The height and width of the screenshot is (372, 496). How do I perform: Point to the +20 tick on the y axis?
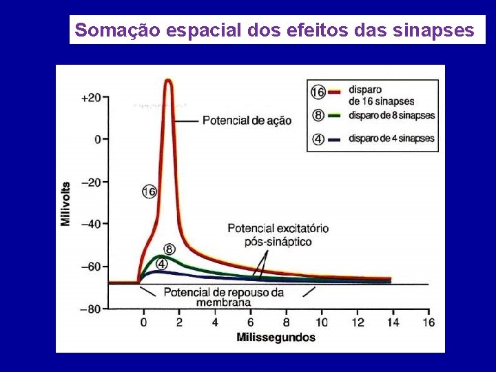click(x=91, y=98)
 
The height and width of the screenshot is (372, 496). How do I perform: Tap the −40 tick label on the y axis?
click(x=91, y=224)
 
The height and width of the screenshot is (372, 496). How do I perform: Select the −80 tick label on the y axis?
click(x=91, y=309)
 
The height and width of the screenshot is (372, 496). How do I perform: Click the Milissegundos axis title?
click(x=276, y=338)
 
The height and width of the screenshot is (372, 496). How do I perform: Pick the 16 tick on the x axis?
click(x=428, y=322)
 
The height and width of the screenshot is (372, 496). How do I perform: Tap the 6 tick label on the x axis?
click(x=250, y=322)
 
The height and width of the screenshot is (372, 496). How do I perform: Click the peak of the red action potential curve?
click(x=167, y=81)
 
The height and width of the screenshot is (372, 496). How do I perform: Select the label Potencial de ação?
click(x=246, y=121)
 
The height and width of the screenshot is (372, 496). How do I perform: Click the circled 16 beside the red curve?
click(x=149, y=192)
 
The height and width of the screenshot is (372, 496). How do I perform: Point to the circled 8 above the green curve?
click(x=169, y=249)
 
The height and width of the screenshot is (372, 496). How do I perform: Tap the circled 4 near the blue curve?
click(x=161, y=263)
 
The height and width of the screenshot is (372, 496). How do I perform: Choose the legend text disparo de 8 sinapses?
click(x=391, y=115)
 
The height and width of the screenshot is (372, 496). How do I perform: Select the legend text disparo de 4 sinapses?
click(x=391, y=138)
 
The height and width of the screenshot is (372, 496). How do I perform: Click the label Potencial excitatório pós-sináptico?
click(x=278, y=234)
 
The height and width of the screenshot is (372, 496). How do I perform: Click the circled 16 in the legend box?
click(x=318, y=92)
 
